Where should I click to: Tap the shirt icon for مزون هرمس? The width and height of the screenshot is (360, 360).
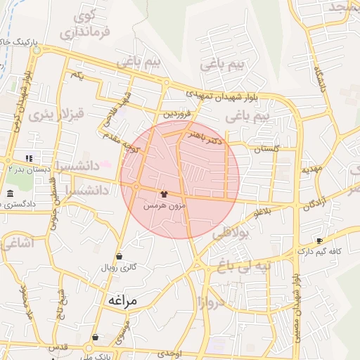pos(164,194)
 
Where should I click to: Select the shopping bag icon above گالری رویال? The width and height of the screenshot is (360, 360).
pos(118,256)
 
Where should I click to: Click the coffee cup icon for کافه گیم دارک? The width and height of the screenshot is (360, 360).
pos(320,240)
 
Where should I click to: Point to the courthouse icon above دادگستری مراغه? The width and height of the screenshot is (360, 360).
pos(9,194)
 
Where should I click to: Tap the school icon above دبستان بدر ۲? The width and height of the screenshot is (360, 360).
pos(29,158)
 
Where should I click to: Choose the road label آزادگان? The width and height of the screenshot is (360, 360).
pos(314,205)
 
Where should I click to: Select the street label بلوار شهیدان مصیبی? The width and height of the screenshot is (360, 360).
pos(297,281)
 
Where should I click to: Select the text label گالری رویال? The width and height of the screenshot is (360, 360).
pos(118,268)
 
